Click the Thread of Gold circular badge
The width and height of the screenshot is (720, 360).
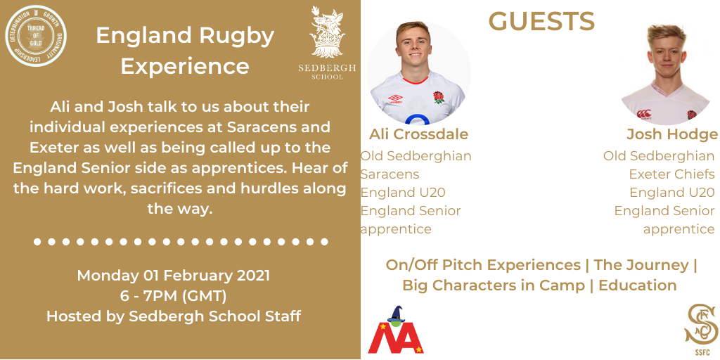[x=36, y=36]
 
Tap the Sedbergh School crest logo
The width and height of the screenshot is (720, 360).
[x=327, y=43]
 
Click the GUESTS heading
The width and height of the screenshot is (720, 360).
[x=541, y=22]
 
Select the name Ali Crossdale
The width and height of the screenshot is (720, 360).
[x=418, y=134]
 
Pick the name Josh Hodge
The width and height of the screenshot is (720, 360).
[x=672, y=134]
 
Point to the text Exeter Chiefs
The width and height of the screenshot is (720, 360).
[x=671, y=174]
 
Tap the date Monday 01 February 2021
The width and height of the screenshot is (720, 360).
[x=174, y=276]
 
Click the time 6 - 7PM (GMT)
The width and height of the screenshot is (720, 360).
[x=174, y=296]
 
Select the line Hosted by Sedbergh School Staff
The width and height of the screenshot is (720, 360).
[x=174, y=316]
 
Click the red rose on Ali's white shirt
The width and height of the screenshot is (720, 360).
[x=439, y=97]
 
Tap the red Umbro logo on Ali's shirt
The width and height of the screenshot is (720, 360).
[x=395, y=98]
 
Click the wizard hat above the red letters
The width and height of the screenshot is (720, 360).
[x=396, y=314]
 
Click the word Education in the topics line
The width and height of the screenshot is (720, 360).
[x=637, y=285]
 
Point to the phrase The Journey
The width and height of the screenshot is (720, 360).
[x=641, y=265]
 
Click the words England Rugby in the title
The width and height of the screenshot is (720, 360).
[x=185, y=37]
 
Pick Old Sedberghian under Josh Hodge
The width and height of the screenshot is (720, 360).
[x=659, y=156]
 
